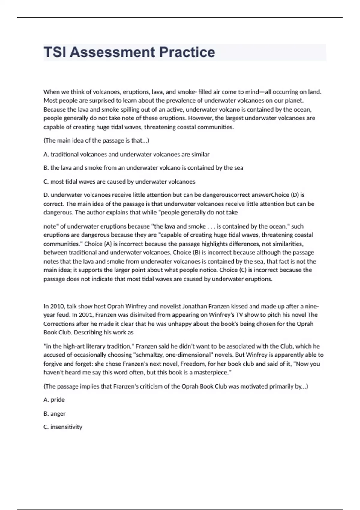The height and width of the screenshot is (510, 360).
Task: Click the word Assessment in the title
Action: point(112,52)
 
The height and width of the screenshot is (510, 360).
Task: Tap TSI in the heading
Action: point(55,52)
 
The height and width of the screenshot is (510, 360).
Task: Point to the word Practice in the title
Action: point(187,52)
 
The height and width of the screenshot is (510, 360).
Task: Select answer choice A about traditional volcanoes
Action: point(126,154)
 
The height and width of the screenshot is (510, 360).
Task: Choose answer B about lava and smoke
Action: point(143,168)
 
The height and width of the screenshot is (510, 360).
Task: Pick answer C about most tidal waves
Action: point(119,181)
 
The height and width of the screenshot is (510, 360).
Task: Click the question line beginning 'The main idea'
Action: point(96,140)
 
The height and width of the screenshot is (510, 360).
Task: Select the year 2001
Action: point(85,315)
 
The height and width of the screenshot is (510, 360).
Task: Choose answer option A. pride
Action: point(54,400)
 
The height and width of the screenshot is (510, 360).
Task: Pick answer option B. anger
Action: point(54,413)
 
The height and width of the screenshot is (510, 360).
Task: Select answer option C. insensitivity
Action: point(63,427)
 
